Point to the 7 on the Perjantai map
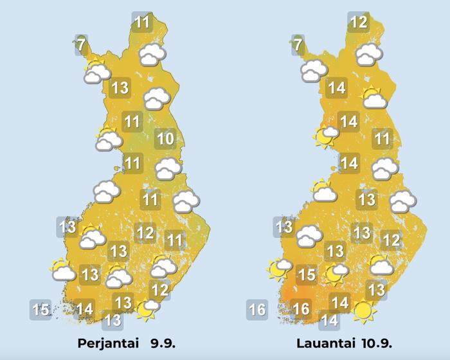(80, 45)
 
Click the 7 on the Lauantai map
(297, 45)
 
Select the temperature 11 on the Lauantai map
(382, 138)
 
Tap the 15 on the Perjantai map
(41, 310)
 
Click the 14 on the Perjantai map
(85, 310)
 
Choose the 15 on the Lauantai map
(307, 276)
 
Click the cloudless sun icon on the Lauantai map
(364, 311)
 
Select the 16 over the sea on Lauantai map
(256, 310)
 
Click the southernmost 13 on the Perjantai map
(113, 319)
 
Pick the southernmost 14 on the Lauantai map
(329, 319)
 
